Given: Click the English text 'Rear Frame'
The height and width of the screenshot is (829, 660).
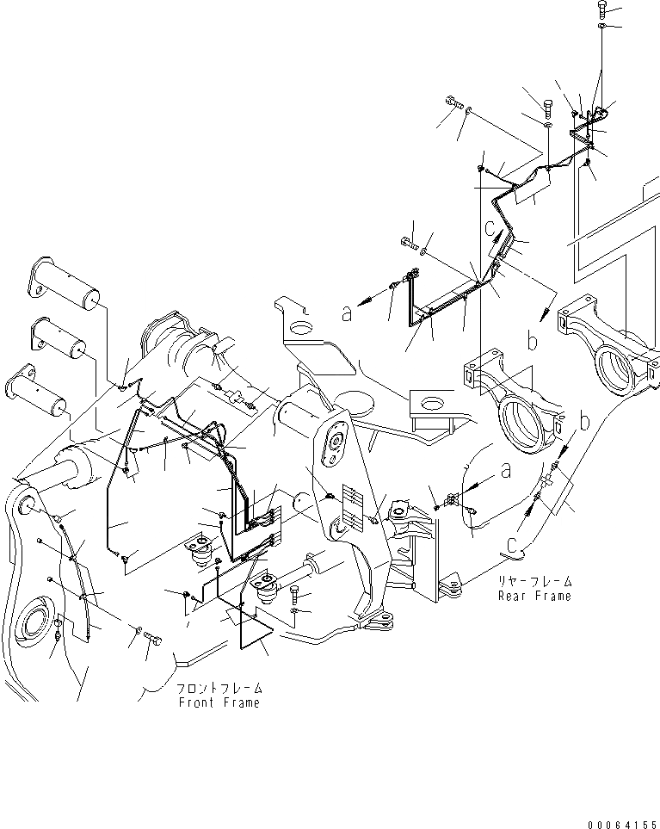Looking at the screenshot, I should click(534, 596).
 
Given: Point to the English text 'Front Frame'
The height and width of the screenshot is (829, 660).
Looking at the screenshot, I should click(219, 702).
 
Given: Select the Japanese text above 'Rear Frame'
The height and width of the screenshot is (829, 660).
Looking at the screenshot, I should click(534, 581).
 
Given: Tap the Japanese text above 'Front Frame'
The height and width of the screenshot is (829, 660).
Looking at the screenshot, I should click(219, 689).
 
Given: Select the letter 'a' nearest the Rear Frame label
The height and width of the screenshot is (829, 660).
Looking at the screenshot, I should click(505, 471).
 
